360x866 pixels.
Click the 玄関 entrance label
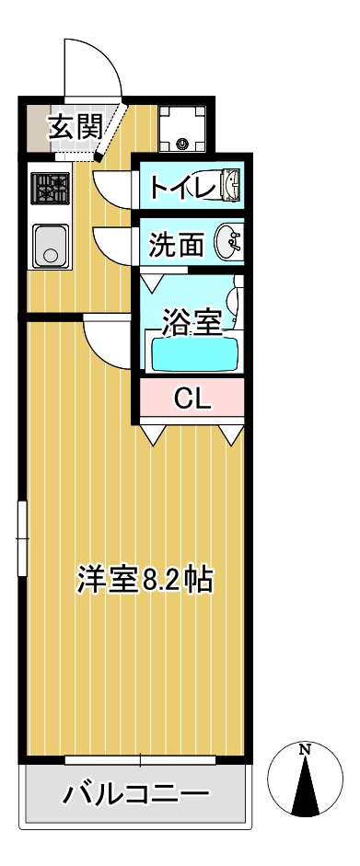(75, 126)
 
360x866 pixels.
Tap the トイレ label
(181, 188)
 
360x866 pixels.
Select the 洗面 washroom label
(176, 245)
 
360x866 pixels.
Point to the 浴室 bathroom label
(192, 322)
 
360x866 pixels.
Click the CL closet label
(192, 398)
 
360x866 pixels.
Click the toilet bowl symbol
(227, 188)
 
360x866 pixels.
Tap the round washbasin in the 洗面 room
(228, 244)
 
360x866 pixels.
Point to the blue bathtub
(194, 354)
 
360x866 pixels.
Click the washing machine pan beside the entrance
(182, 127)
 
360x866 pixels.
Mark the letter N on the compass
(305, 749)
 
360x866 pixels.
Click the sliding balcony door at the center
(140, 759)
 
